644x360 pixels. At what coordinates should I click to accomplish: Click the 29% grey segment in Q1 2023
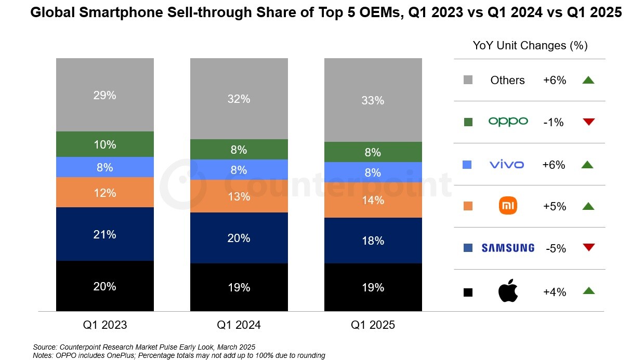pyautogui.click(x=105, y=95)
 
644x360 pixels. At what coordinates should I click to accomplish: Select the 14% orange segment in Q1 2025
pyautogui.click(x=373, y=200)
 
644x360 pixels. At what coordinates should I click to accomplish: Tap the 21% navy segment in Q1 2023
pyautogui.click(x=105, y=234)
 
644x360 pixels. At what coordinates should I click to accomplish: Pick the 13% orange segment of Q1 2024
pyautogui.click(x=239, y=196)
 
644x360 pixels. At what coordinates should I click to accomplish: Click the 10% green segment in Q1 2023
pyautogui.click(x=105, y=144)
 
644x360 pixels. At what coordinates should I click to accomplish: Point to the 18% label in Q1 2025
pyautogui.click(x=373, y=241)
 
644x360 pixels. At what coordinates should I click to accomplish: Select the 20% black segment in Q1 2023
pyautogui.click(x=105, y=286)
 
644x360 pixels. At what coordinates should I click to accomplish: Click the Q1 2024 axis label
pyautogui.click(x=239, y=325)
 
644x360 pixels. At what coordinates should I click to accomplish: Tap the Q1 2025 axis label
pyautogui.click(x=373, y=325)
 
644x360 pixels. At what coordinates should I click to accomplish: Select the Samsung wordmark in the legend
pyautogui.click(x=508, y=248)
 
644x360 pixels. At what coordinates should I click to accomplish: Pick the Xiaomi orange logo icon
pyautogui.click(x=508, y=206)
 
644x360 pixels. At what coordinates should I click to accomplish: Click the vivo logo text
pyautogui.click(x=507, y=165)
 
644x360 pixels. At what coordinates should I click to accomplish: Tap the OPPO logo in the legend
pyautogui.click(x=508, y=122)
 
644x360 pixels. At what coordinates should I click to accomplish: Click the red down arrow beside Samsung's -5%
pyautogui.click(x=588, y=248)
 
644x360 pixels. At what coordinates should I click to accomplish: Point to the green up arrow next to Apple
pyautogui.click(x=588, y=291)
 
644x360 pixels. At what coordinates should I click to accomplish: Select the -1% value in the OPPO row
pyautogui.click(x=554, y=123)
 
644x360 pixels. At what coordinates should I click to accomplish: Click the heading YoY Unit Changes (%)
pyautogui.click(x=530, y=46)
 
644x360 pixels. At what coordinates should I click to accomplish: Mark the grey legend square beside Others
pyautogui.click(x=468, y=80)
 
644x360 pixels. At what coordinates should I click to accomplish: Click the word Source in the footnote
pyautogui.click(x=44, y=346)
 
